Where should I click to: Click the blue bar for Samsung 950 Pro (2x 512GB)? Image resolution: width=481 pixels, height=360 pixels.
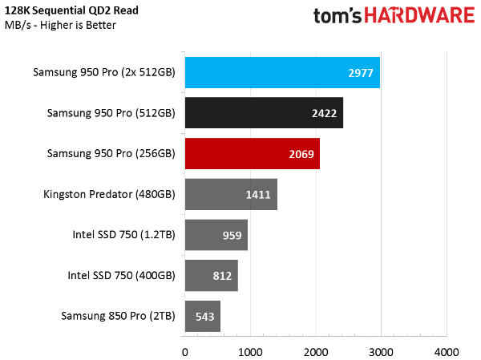(282, 72)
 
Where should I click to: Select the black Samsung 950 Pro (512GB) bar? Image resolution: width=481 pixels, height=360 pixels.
(264, 113)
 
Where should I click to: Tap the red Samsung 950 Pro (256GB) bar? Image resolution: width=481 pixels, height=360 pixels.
(253, 153)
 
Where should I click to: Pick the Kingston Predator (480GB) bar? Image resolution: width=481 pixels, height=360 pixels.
(231, 194)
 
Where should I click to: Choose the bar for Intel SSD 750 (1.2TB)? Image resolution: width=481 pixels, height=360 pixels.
(216, 235)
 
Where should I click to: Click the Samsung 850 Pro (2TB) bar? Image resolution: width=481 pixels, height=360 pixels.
(202, 316)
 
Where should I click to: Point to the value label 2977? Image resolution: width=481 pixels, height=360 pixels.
(362, 72)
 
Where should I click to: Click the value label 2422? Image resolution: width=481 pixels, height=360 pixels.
(325, 113)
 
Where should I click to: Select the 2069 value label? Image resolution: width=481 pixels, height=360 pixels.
(302, 153)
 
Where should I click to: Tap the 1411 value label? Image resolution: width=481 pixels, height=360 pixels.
(260, 194)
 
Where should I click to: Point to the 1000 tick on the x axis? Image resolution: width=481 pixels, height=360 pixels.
(250, 351)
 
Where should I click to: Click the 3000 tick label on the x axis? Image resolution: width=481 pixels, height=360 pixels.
(381, 351)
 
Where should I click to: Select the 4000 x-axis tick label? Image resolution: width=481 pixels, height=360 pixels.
(447, 351)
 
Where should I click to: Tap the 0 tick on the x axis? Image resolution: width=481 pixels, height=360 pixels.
(185, 351)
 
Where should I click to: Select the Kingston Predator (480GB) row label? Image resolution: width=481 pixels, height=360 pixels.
(111, 194)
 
